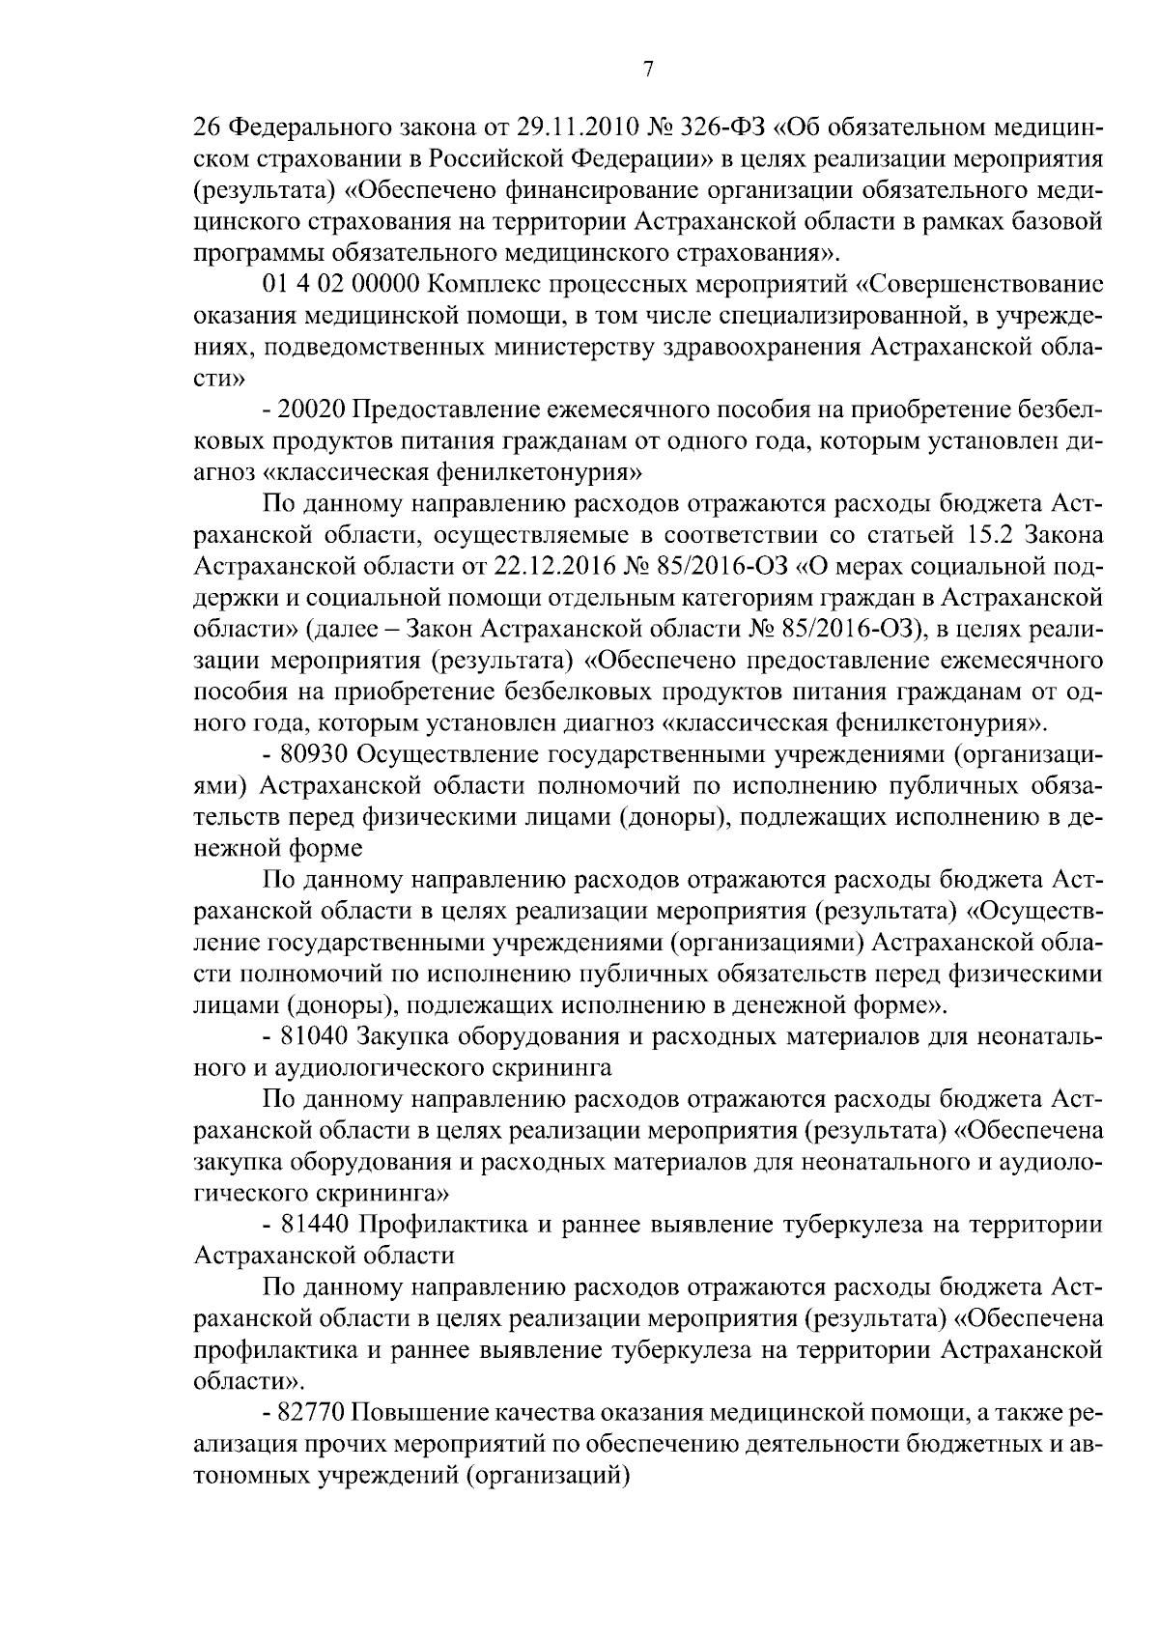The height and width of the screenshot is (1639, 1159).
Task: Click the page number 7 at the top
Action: tap(647, 70)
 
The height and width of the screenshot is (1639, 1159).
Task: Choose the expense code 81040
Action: tap(312, 1036)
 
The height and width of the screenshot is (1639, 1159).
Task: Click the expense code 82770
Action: tap(311, 1413)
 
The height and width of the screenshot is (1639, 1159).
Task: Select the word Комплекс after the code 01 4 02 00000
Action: tap(487, 285)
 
